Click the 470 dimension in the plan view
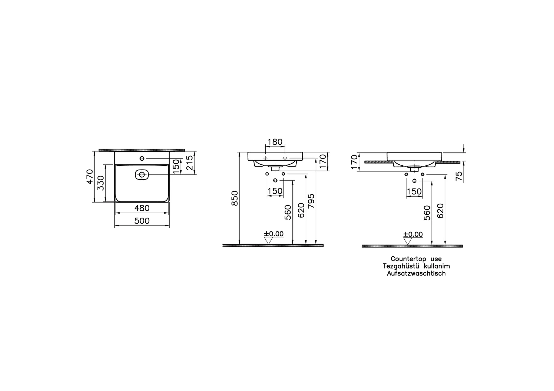point(90,177)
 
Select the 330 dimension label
point(101,183)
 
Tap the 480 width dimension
point(142,208)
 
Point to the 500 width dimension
point(142,221)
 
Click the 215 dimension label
point(190,163)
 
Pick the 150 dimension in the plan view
point(176,167)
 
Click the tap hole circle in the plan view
point(142,158)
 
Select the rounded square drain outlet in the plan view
point(142,175)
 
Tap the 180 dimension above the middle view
point(275,142)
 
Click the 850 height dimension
point(235,198)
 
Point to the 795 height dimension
point(311,201)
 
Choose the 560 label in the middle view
point(288,212)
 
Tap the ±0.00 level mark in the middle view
point(274,234)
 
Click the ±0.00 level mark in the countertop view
point(413,234)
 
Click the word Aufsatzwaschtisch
point(416,273)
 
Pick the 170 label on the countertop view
point(354,162)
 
